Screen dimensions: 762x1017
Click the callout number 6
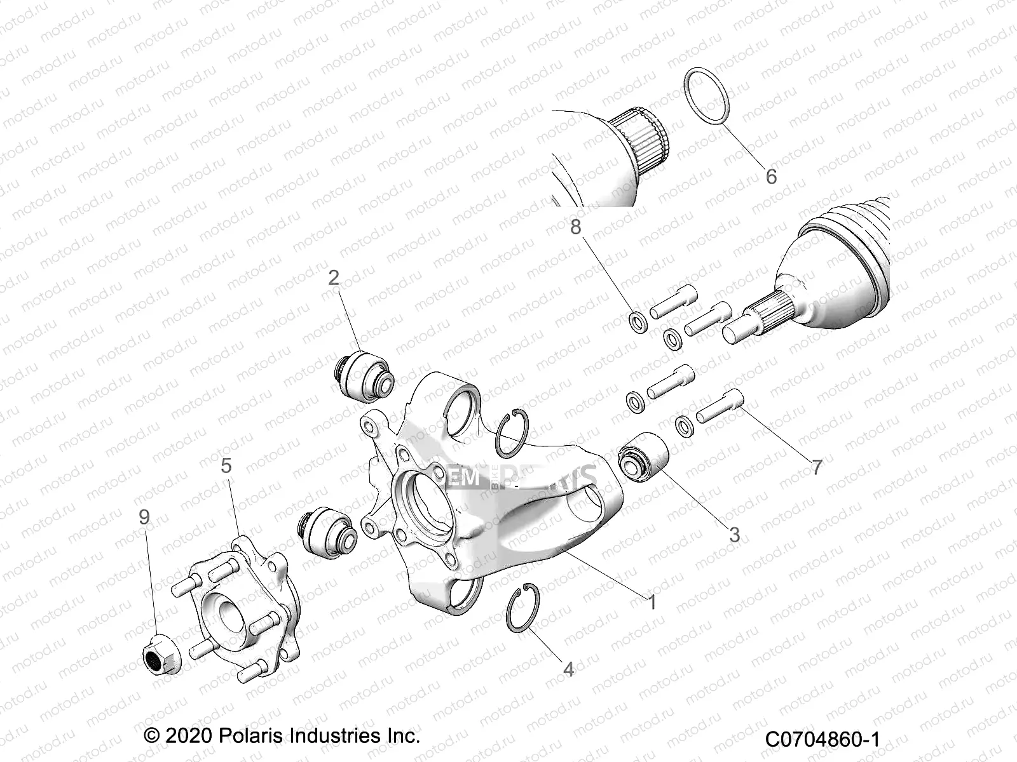(770, 176)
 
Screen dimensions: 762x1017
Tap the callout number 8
(575, 227)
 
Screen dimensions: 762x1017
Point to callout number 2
(334, 277)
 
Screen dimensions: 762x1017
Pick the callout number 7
(817, 467)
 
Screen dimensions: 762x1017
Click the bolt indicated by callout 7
(720, 406)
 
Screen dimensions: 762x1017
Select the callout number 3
(734, 535)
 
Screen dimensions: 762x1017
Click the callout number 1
(651, 601)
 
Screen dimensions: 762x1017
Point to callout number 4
(568, 669)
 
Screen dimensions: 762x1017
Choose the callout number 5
(226, 465)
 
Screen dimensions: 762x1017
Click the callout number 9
(144, 517)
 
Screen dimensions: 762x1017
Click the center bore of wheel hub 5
(229, 612)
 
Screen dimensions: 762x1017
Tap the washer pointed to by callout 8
(638, 321)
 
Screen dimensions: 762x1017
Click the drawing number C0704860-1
(822, 740)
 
